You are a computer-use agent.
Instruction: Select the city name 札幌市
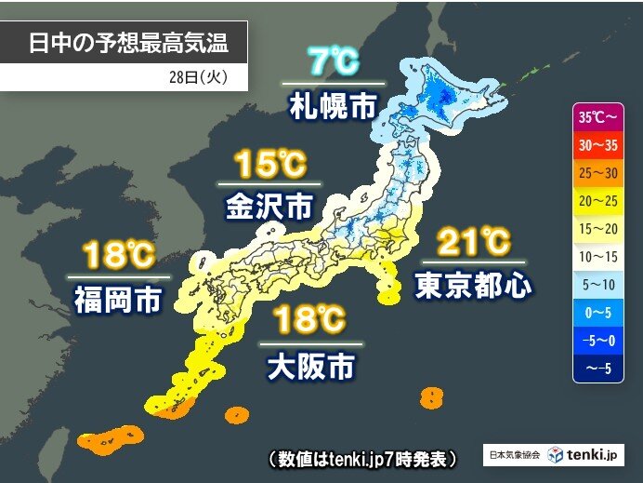point(333,102)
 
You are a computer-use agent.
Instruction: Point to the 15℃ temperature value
point(269,166)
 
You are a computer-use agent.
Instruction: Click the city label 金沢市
point(269,205)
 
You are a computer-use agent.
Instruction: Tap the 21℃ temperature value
point(473,243)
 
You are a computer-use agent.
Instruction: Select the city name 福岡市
point(119,298)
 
